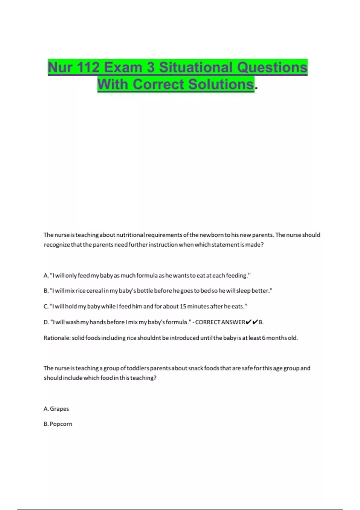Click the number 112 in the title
(88, 67)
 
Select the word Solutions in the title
(221, 84)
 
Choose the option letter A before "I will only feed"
(46, 275)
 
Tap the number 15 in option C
(183, 306)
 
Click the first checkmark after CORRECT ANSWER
(248, 322)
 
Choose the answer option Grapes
(59, 409)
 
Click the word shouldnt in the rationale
(149, 338)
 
